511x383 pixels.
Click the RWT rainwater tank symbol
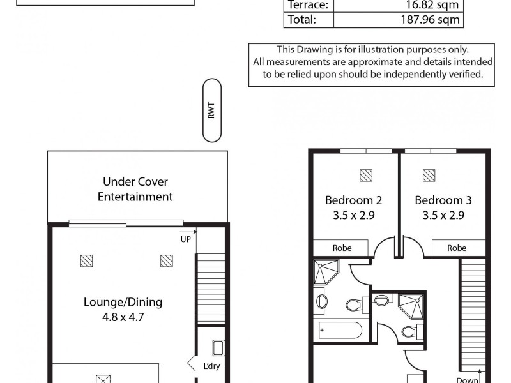(211, 110)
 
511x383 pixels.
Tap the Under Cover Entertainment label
(135, 189)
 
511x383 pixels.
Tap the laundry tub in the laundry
(217, 349)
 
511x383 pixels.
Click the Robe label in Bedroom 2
(340, 248)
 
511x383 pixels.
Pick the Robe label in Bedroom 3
(456, 248)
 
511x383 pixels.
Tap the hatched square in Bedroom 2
(365, 174)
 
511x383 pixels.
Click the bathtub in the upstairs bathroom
(340, 331)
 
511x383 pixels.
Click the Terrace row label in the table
(309, 5)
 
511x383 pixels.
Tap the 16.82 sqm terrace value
(432, 5)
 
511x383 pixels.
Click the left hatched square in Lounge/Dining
(87, 260)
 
